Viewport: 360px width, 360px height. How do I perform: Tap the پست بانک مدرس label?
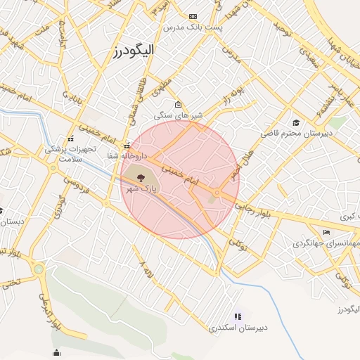point(193,27)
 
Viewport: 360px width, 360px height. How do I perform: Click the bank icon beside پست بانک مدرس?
point(193,16)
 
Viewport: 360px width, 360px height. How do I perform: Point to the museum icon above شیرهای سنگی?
point(178,105)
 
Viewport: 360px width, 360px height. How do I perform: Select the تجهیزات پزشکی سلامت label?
point(69,154)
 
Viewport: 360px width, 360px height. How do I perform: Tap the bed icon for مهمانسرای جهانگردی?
point(326,232)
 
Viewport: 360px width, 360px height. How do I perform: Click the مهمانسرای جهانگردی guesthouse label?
point(326,243)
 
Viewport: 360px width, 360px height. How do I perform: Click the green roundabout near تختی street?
point(38,269)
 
